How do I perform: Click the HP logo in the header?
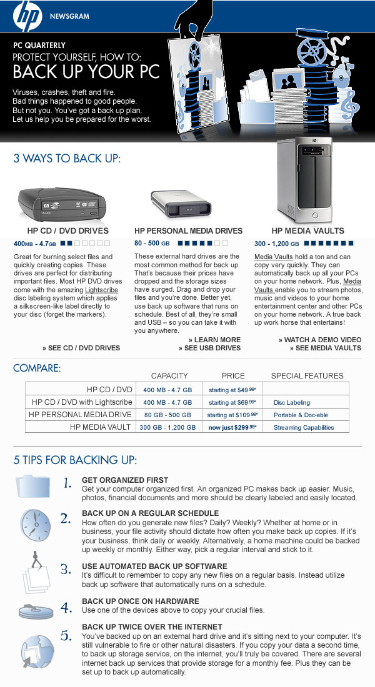(x=26, y=16)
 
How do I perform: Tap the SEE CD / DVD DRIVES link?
(x=81, y=348)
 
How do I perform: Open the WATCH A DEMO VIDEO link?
(x=320, y=340)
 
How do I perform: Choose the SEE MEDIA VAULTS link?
(x=326, y=348)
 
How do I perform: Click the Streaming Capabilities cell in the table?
(x=304, y=427)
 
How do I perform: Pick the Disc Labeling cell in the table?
(x=292, y=402)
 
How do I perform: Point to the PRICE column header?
(x=232, y=375)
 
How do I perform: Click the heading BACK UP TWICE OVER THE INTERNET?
(x=152, y=626)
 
